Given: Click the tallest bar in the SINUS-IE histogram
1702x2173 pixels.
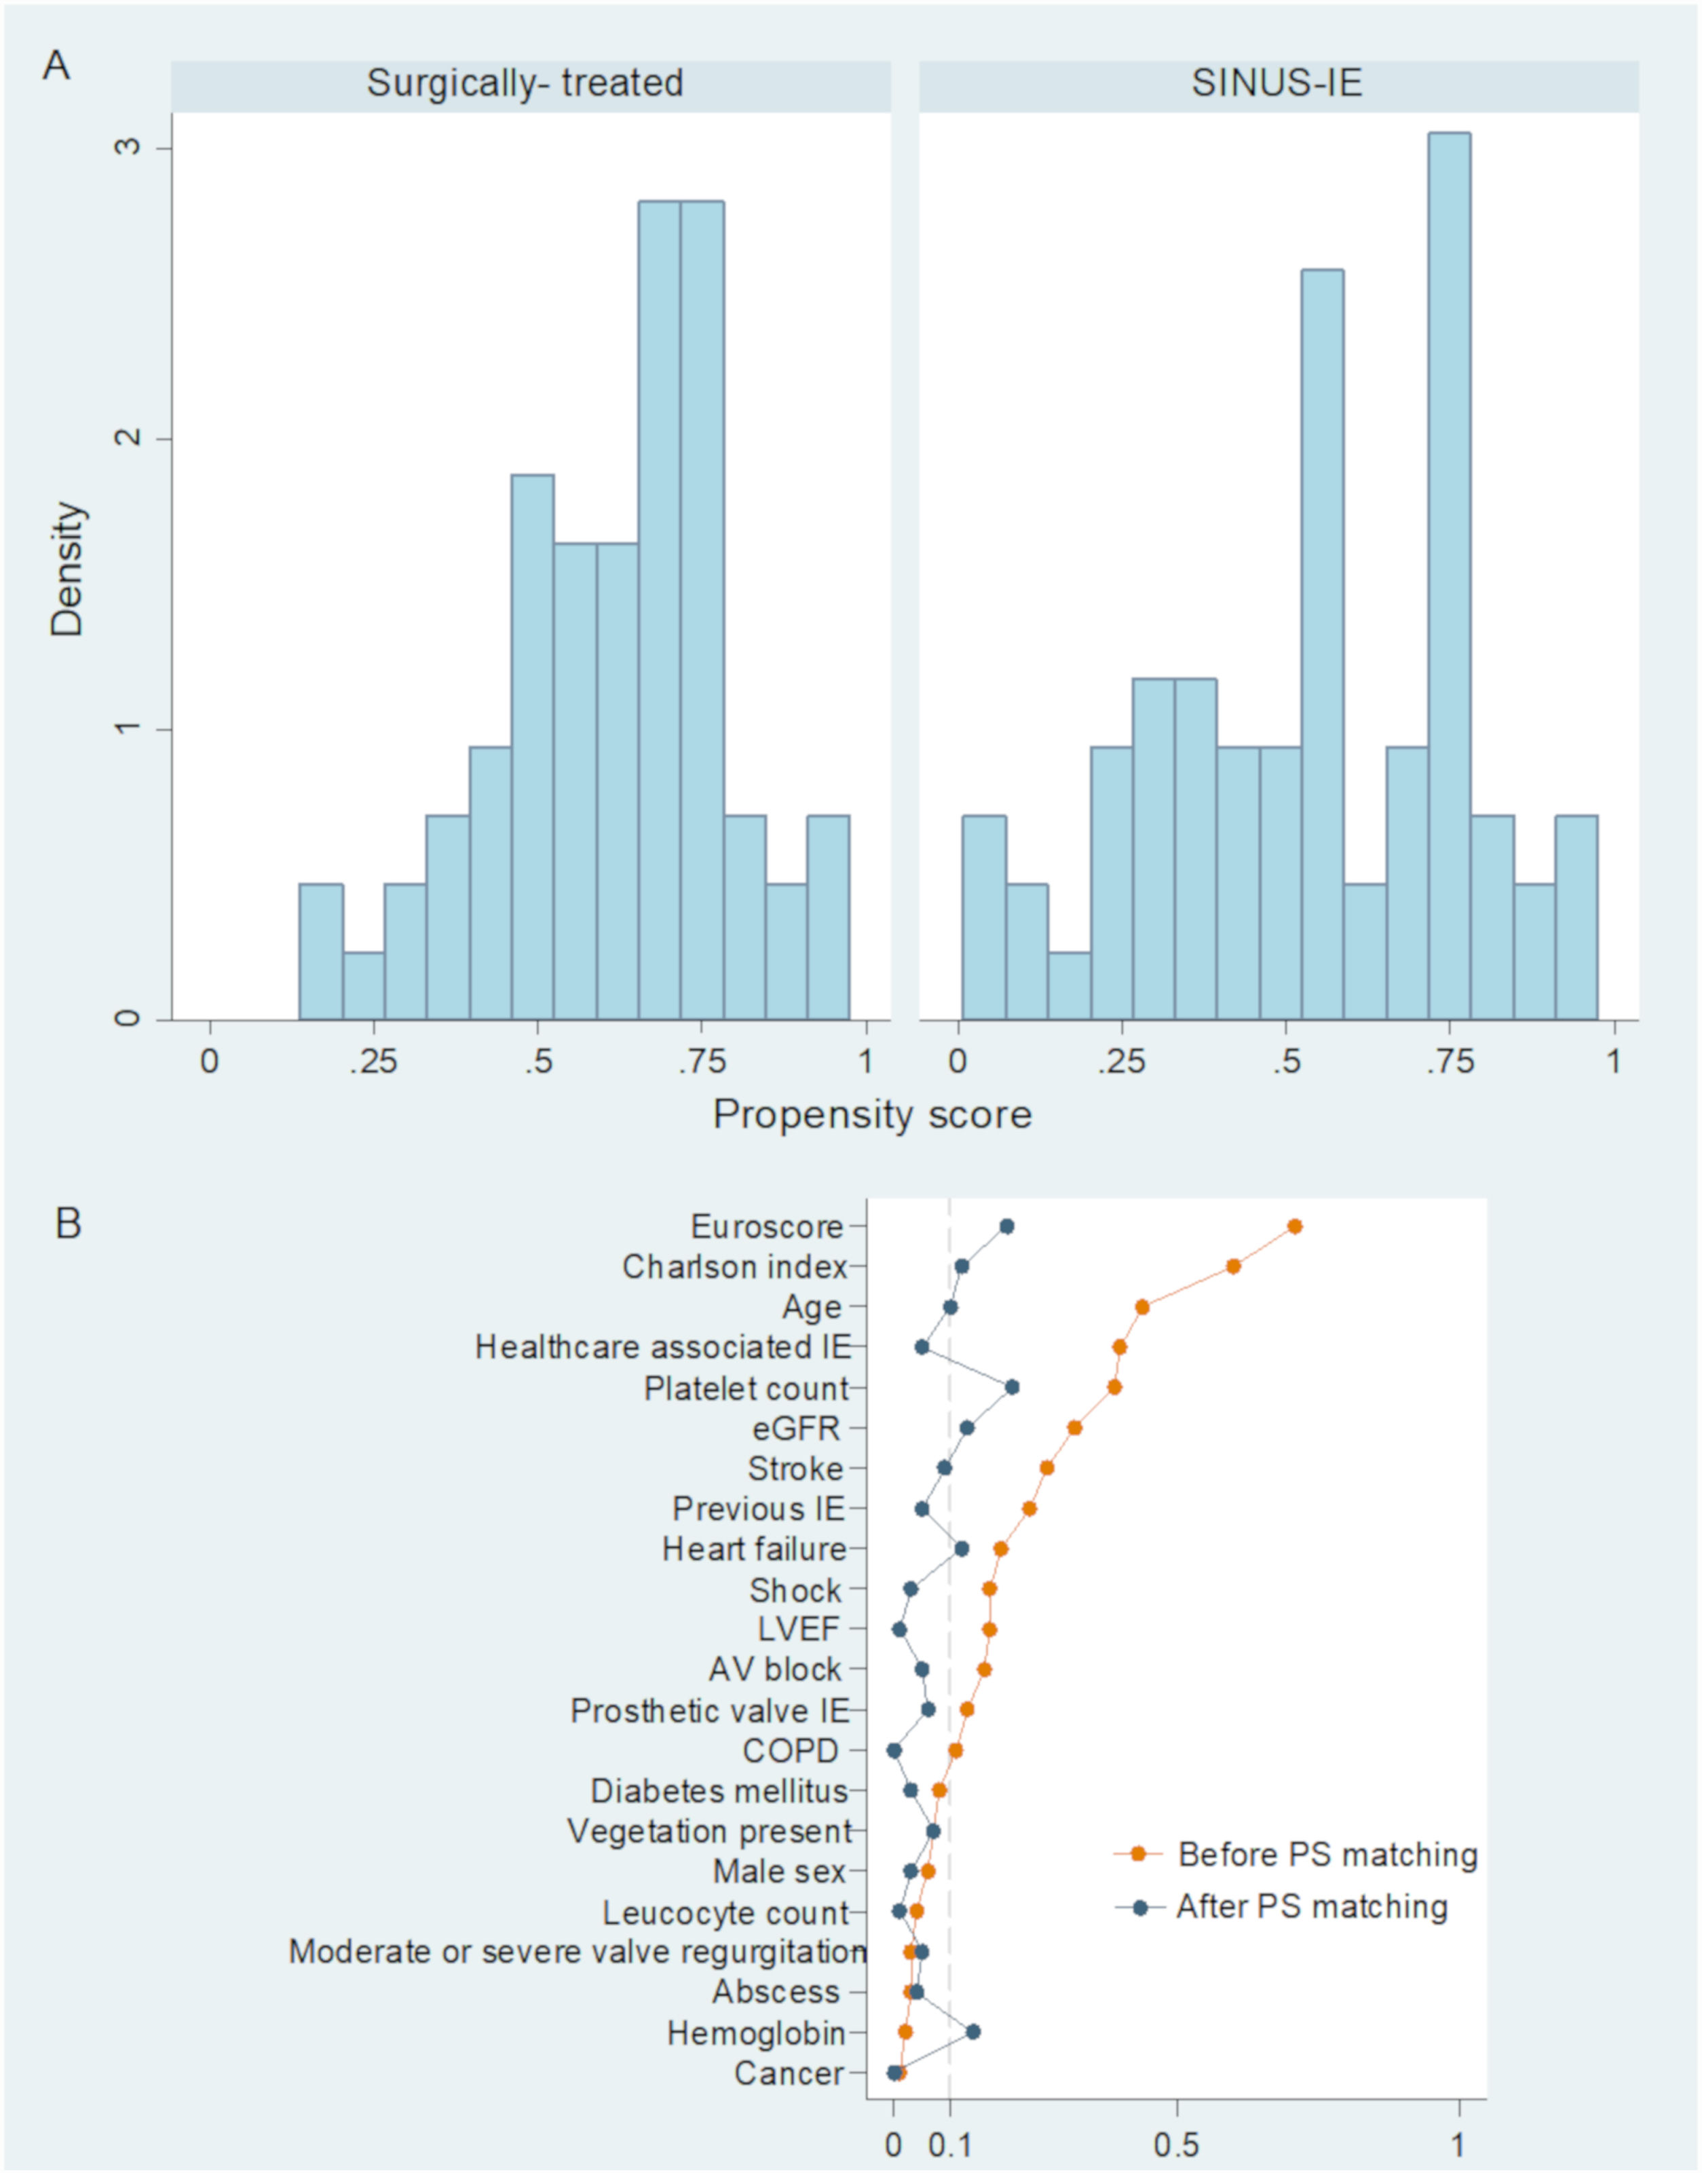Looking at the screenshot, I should point(1448,578).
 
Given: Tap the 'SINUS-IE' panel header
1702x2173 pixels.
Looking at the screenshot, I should point(1276,83).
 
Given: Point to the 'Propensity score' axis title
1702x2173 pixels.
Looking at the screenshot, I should point(872,1114).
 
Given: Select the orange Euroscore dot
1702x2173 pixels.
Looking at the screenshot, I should point(1294,1226).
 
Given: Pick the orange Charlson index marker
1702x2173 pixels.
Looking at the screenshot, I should point(1234,1266).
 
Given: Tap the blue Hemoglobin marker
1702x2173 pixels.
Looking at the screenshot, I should point(972,2032).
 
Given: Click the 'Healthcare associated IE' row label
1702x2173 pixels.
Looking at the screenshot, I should point(662,1347).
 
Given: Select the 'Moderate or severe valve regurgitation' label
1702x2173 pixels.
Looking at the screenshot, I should point(577,1951).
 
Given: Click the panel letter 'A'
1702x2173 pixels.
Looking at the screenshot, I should point(57,66).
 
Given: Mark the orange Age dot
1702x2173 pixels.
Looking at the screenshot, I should point(1142,1307).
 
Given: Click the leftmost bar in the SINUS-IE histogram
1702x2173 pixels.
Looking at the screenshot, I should point(983,918).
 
